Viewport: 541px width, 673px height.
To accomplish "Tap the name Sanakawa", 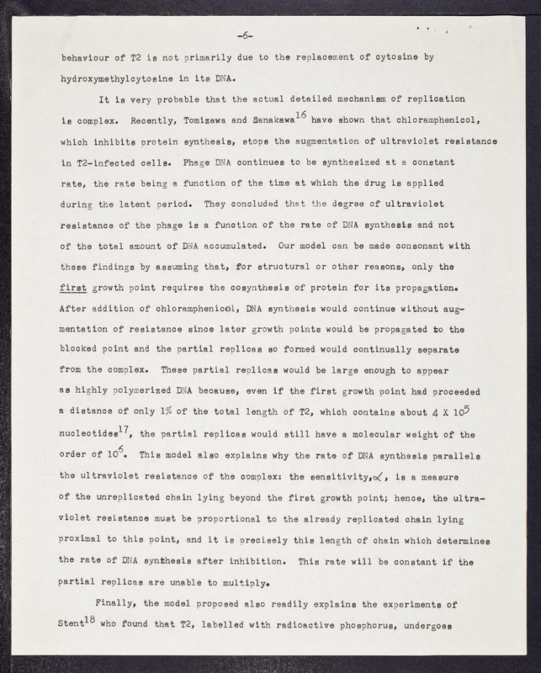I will point(326,120).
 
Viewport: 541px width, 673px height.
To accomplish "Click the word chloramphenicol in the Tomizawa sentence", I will point(461,120).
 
